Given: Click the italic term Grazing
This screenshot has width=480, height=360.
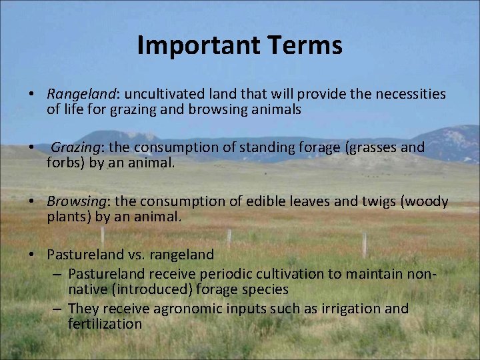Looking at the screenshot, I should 76,147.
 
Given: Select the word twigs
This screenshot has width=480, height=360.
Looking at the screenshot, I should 375,202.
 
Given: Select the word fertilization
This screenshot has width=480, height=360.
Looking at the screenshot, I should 105,323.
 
